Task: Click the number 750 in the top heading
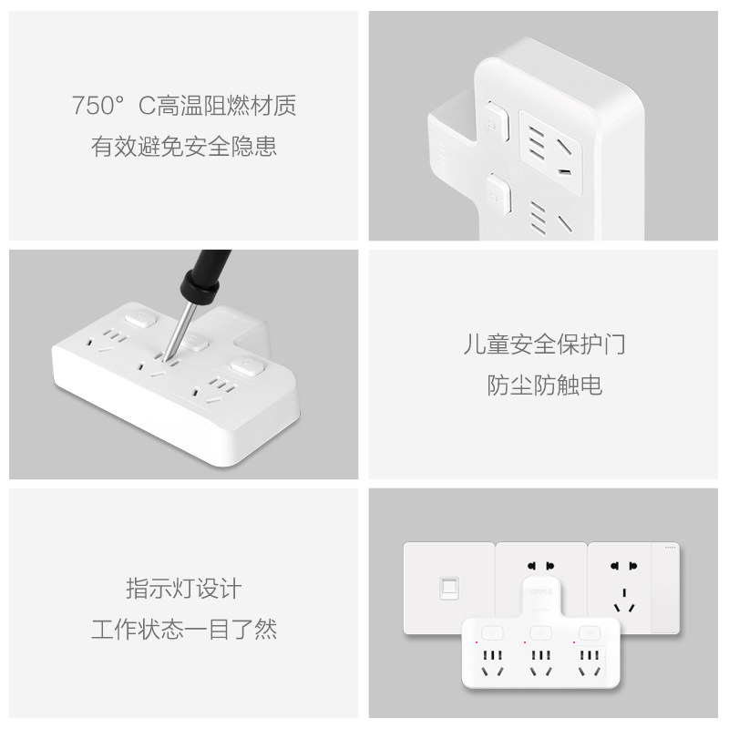coord(93,106)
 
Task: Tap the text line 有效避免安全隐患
coord(184,147)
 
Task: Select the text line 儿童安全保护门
coord(544,344)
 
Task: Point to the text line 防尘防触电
coord(544,385)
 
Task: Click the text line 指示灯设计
coord(184,589)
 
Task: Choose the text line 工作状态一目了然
coord(184,630)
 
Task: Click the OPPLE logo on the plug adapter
coord(540,591)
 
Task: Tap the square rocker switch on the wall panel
coord(448,588)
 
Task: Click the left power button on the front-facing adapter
coord(493,632)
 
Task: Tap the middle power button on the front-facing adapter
coord(540,632)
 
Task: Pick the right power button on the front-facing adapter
coord(589,632)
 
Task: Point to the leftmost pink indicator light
coord(477,642)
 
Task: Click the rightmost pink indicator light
coord(574,642)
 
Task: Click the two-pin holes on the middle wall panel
coord(540,566)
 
